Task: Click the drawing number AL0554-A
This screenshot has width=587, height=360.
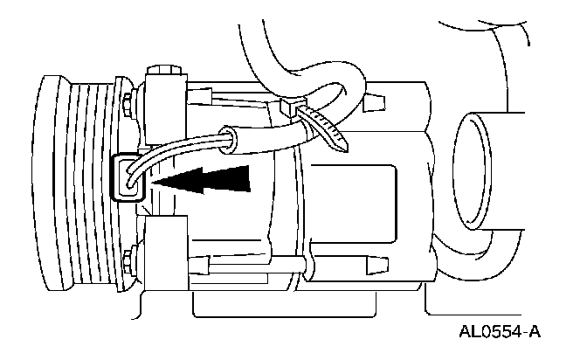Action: (497, 332)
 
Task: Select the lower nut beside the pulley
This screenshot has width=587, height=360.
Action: (128, 259)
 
